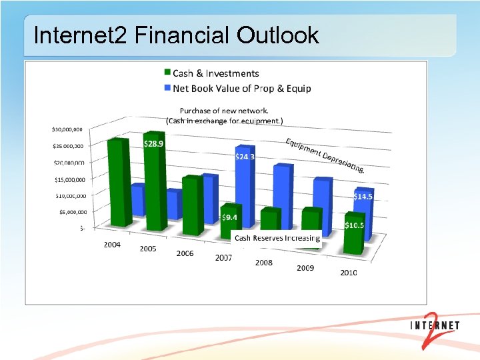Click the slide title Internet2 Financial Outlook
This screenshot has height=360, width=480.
click(176, 35)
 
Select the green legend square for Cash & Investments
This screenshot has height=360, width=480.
click(167, 73)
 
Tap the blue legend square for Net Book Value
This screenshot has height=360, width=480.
click(167, 88)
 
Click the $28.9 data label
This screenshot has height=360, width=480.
click(154, 143)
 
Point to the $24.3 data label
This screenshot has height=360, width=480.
click(245, 157)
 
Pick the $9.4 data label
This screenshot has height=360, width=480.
click(229, 217)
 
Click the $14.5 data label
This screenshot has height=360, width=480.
click(363, 197)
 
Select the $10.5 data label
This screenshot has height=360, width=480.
click(354, 225)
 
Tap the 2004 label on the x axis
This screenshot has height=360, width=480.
click(112, 245)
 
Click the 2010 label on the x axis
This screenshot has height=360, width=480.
click(348, 273)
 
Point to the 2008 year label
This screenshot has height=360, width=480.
click(263, 263)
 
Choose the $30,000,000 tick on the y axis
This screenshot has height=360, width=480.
click(69, 129)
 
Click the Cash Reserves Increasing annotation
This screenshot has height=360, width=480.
click(277, 238)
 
